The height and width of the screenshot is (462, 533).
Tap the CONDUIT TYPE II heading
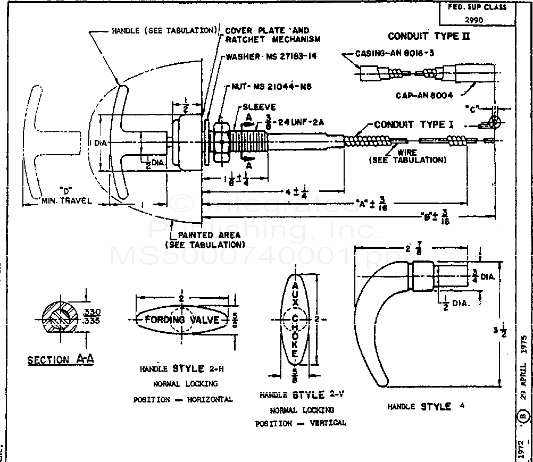click(x=429, y=37)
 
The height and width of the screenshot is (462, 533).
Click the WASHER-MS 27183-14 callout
click(x=271, y=56)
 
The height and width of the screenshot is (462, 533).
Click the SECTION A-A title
click(x=61, y=360)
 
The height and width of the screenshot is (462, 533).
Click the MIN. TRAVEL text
click(x=66, y=200)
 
